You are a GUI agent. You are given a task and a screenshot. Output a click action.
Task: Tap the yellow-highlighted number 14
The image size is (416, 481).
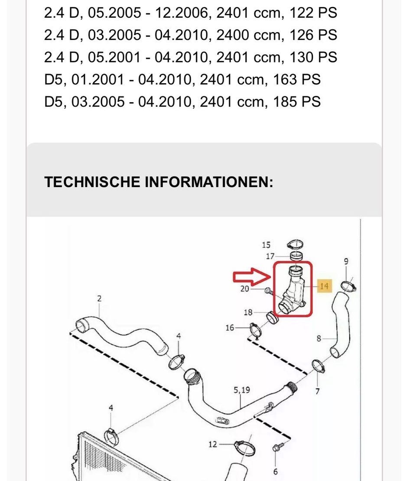click(x=324, y=286)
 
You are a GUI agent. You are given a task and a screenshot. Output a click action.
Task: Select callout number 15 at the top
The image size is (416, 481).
click(x=266, y=246)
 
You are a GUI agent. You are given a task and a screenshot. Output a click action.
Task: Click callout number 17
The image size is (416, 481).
click(x=270, y=257)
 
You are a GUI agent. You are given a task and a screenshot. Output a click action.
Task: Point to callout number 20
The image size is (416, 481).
click(x=245, y=289)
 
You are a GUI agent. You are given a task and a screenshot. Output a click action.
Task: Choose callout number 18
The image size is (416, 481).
click(x=248, y=312)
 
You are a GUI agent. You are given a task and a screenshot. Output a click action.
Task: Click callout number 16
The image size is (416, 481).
click(x=230, y=328)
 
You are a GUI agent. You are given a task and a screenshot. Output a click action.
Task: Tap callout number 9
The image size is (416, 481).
click(x=346, y=261)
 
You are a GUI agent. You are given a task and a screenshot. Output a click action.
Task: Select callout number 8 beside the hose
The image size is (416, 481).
click(x=319, y=338)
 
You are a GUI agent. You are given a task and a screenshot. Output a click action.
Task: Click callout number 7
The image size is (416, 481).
click(x=318, y=391)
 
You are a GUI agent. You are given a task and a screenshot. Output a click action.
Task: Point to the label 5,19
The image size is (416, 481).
click(x=242, y=390)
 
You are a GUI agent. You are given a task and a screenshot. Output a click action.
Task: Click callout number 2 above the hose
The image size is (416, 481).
click(x=99, y=298)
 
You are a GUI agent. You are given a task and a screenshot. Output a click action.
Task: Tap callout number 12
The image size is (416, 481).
click(x=212, y=444)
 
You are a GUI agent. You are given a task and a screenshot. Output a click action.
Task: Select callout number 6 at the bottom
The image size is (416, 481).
click(x=276, y=471)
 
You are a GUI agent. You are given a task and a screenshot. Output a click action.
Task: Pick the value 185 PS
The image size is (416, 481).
click(x=296, y=102)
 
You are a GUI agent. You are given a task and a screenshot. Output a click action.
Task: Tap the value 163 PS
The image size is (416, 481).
click(x=296, y=79)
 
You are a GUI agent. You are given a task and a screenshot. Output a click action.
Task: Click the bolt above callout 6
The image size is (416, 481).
click(x=277, y=447)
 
